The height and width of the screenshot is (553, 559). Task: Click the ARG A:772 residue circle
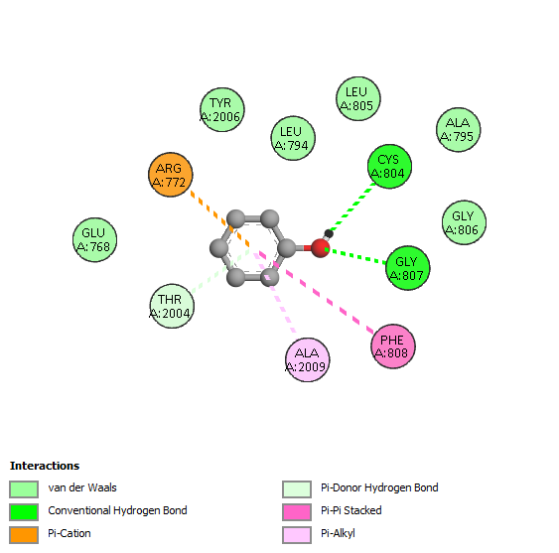pos(171,175)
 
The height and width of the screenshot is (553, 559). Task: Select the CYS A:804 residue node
pos(389,167)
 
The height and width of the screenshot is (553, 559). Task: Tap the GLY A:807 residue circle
pos(408,268)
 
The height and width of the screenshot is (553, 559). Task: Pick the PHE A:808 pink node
pos(393,346)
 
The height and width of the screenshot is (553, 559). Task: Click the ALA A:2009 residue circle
pos(308,359)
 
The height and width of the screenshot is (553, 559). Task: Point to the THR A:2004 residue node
pos(172,306)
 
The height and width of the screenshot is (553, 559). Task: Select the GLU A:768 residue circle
pos(95,239)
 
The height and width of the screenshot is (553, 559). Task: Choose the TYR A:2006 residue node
pos(222,109)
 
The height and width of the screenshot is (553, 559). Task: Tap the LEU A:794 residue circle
pos(293,138)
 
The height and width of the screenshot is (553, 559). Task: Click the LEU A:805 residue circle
pos(358,98)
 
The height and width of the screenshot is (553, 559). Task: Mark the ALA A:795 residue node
pos(459,129)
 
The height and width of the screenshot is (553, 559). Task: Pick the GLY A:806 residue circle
pos(464,222)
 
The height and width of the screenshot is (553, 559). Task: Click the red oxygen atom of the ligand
pos(320,248)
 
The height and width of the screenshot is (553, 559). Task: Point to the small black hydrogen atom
pos(329,234)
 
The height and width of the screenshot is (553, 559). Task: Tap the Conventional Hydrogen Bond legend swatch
pos(24,512)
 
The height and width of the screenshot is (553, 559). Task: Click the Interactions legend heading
pos(45,466)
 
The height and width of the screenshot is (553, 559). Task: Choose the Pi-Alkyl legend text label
pos(338,533)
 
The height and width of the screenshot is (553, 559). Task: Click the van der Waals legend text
pos(82,487)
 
